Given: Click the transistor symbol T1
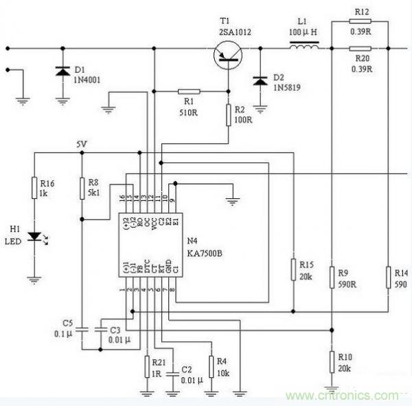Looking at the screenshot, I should pyautogui.click(x=227, y=54).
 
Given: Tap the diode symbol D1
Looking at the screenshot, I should pyautogui.click(x=62, y=71).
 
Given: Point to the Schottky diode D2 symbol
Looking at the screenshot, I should pyautogui.click(x=260, y=81).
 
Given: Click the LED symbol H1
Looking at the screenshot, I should pyautogui.click(x=34, y=237).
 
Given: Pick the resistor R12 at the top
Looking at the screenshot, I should pyautogui.click(x=361, y=21).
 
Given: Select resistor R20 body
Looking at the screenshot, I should pyautogui.click(x=361, y=48).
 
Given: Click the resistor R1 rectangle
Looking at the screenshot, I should pyautogui.click(x=189, y=91).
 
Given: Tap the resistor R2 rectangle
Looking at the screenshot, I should pyautogui.click(x=228, y=114).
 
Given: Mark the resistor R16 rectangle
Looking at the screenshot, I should pyautogui.click(x=34, y=187).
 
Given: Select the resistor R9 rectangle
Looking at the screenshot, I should pyautogui.click(x=332, y=277).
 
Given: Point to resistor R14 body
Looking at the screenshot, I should pyautogui.click(x=388, y=277).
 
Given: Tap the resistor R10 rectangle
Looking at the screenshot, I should pyautogui.click(x=332, y=359).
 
